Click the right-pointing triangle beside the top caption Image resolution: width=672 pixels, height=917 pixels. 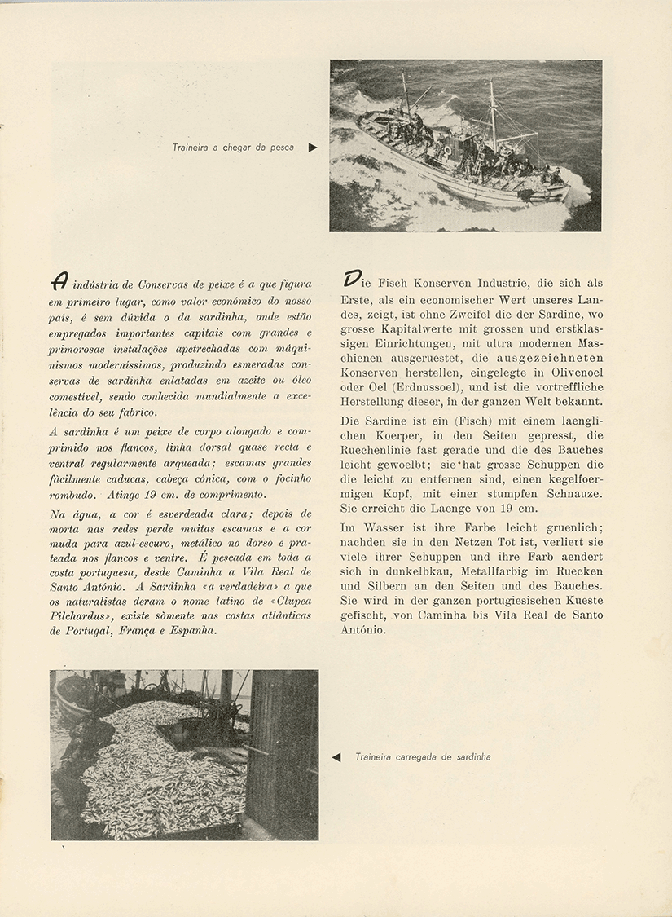[x=313, y=148]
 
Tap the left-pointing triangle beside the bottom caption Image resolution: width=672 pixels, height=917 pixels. [x=336, y=757]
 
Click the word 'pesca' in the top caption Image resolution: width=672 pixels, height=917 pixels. [x=279, y=148]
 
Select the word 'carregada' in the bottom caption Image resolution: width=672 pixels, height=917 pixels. [x=417, y=757]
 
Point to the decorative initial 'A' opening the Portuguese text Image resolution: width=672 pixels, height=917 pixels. [x=59, y=281]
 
